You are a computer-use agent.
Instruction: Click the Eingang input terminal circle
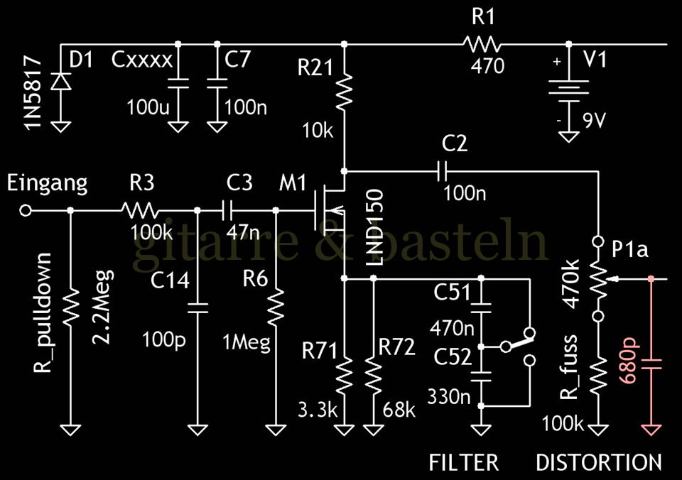[x=26, y=210]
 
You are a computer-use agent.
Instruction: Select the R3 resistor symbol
[x=141, y=210]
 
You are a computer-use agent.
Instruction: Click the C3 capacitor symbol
[x=227, y=210]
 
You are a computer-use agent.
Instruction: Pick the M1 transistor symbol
[x=329, y=207]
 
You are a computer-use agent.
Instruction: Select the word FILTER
[x=464, y=463]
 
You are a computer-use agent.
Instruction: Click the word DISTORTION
[x=599, y=463]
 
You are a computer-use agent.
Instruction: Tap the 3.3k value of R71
[x=314, y=410]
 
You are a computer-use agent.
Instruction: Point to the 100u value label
[x=148, y=108]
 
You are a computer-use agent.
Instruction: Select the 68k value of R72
[x=398, y=410]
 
